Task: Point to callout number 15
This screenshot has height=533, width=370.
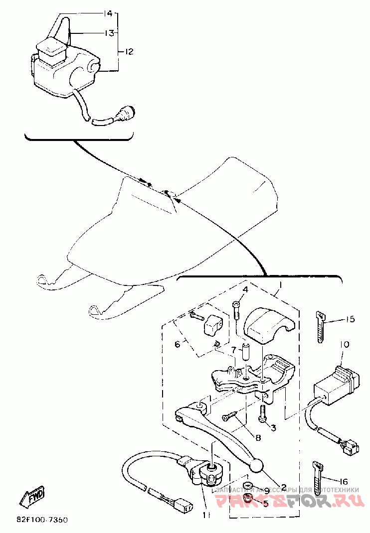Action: (350, 319)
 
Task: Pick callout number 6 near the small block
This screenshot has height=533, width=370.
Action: (177, 344)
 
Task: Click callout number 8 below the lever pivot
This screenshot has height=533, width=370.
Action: (258, 438)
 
